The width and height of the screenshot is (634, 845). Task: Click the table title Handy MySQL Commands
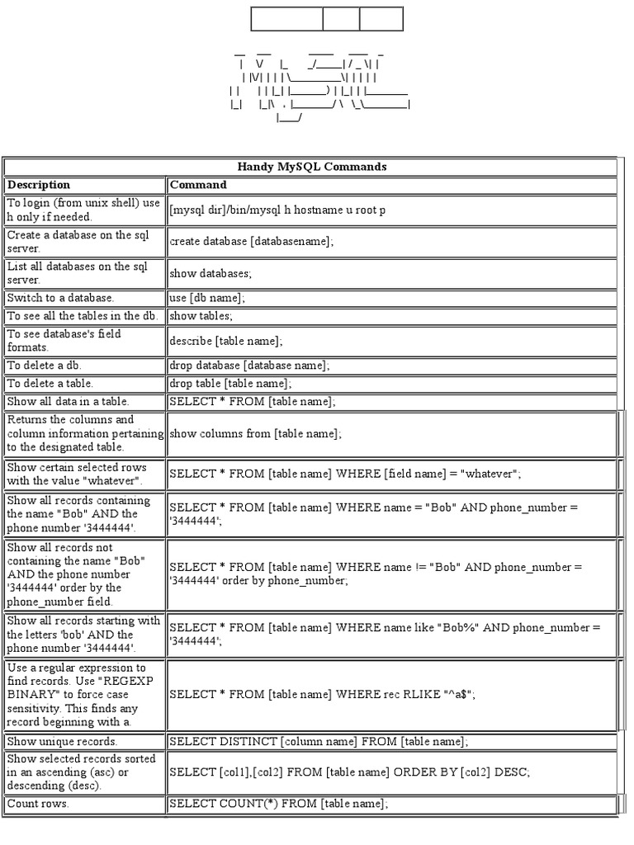311,167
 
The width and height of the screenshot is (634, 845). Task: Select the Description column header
39,185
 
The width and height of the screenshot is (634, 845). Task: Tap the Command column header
199,185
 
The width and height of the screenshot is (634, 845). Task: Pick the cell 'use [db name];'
207,297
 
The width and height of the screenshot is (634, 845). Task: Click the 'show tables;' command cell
201,316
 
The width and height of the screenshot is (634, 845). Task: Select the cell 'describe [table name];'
226,341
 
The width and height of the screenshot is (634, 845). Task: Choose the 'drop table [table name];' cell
230,384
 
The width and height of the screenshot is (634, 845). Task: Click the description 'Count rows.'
39,803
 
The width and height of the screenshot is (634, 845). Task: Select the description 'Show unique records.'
63,741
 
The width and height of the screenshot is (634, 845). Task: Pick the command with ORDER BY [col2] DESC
349,772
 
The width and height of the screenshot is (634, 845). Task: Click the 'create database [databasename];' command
251,242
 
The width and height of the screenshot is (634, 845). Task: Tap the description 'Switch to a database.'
61,297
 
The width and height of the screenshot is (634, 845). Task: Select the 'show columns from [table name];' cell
255,433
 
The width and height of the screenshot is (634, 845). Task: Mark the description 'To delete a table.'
50,384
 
